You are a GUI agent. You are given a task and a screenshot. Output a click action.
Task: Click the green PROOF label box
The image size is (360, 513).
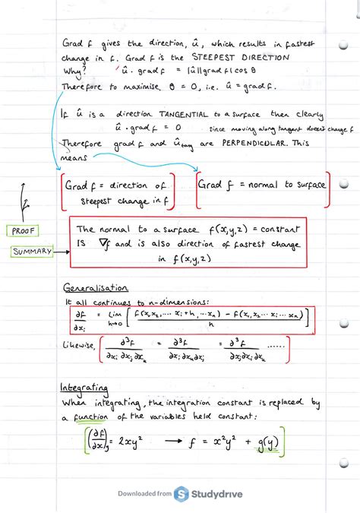coord(25,230)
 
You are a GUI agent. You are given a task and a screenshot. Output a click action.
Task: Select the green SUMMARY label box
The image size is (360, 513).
coord(32,252)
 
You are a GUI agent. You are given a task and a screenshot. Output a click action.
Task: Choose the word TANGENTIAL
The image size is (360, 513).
coord(183,115)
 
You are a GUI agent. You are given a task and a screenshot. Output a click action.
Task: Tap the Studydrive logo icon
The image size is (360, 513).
coord(183,495)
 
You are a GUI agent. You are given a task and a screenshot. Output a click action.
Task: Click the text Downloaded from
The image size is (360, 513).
coord(144,495)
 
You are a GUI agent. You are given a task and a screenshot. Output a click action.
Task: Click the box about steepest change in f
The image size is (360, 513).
coord(118,192)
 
